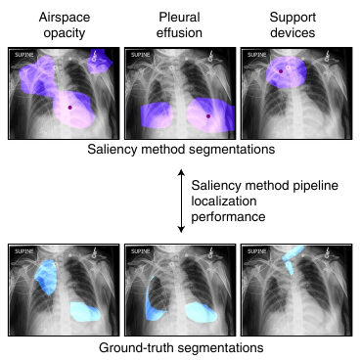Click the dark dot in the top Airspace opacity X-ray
coord(70,106)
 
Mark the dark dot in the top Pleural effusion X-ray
coord(208,116)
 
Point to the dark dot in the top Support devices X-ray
coord(281,71)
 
